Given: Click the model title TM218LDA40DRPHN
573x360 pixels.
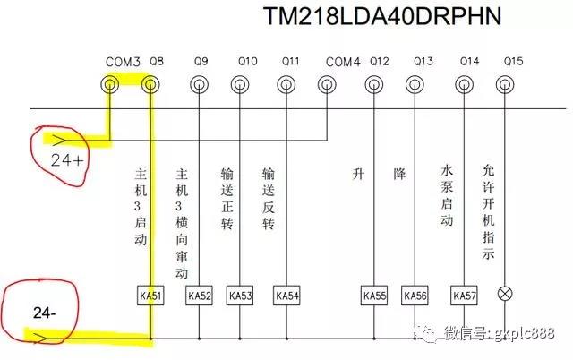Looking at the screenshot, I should (381, 17).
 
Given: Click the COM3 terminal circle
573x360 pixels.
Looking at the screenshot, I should (109, 85).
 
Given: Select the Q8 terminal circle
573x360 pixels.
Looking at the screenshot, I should (150, 85).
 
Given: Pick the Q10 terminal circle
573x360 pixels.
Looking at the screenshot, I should (238, 85).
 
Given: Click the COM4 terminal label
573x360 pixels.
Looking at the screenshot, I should (343, 62).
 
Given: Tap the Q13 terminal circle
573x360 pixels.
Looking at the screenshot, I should (414, 85).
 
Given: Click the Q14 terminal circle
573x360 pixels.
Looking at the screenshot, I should (464, 85).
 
